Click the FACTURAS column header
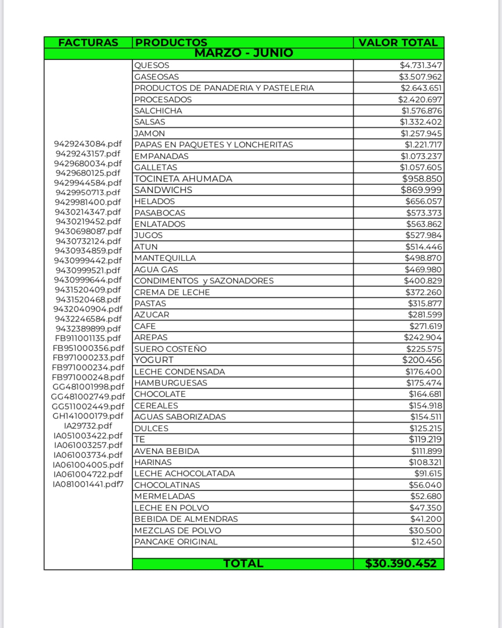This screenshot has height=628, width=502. [88, 42]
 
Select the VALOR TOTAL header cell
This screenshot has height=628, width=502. [398, 42]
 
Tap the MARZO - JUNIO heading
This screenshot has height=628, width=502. [244, 53]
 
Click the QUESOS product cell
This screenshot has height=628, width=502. [152, 65]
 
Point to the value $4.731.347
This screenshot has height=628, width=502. [420, 65]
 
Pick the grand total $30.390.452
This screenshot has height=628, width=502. [401, 564]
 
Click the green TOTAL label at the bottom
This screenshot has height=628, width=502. [243, 564]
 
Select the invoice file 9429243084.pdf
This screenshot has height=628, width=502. [88, 144]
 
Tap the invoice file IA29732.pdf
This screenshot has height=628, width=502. [88, 426]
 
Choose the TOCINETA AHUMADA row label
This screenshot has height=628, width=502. [183, 179]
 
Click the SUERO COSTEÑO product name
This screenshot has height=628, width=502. [170, 349]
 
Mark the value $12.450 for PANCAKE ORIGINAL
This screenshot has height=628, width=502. [426, 542]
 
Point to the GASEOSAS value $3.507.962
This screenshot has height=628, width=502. [420, 77]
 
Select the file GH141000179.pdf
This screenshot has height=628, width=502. [88, 416]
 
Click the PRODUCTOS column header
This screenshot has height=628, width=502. [171, 42]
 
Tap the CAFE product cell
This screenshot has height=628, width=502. [145, 326]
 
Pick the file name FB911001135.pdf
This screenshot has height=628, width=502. [88, 338]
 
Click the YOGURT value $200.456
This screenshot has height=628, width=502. [422, 360]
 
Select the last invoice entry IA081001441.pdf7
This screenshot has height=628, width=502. [88, 484]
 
